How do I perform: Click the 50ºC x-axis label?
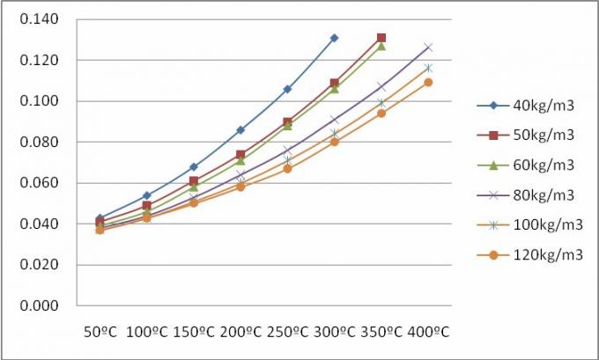coord(100,333)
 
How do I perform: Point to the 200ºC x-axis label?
coord(239,333)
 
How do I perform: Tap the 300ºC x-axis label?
coord(333,333)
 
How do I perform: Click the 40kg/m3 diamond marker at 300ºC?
coord(334,38)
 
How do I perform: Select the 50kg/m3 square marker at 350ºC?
coord(381,38)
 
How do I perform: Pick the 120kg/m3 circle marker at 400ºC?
coord(428,82)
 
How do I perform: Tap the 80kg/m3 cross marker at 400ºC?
coord(428,47)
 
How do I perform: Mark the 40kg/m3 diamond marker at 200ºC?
coord(240,129)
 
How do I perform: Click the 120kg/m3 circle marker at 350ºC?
coord(381,113)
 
